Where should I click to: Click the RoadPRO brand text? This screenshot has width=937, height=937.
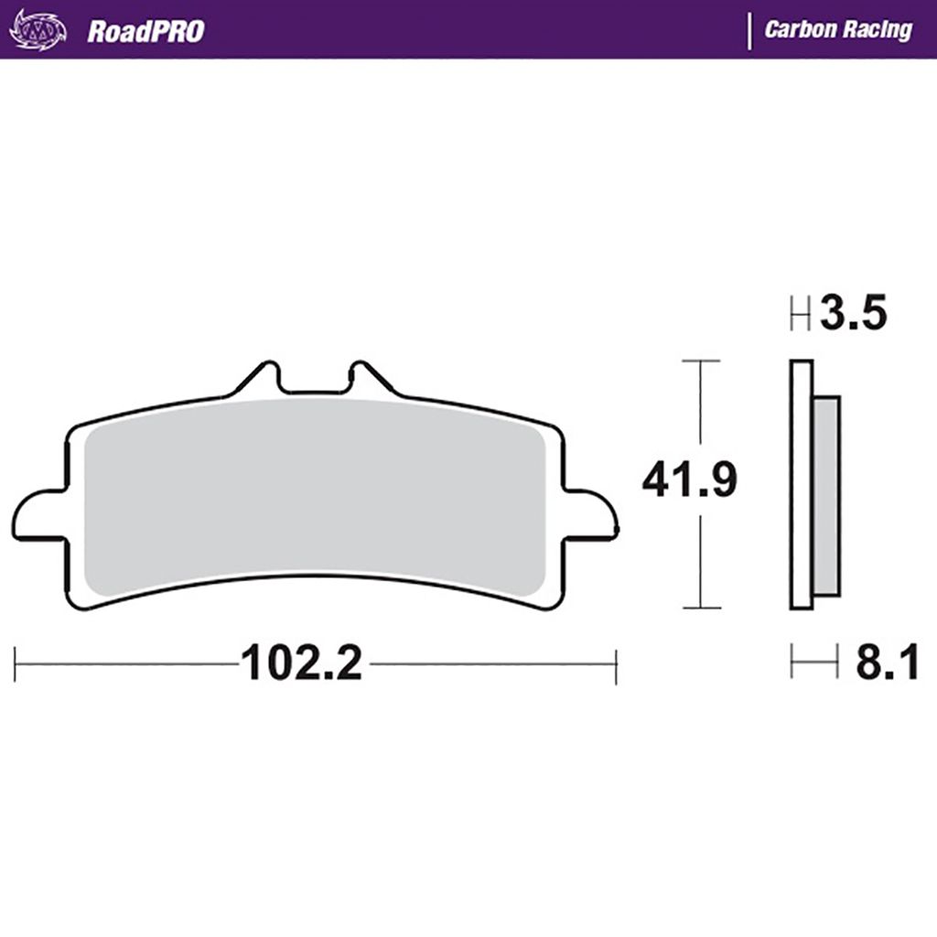(145, 31)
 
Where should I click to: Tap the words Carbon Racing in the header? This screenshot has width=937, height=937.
(838, 29)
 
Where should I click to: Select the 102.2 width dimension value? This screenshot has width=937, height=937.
(301, 662)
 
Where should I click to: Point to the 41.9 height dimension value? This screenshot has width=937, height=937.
(690, 479)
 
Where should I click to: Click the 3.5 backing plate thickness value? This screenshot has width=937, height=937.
(854, 313)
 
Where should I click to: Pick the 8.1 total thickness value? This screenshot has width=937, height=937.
(887, 662)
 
